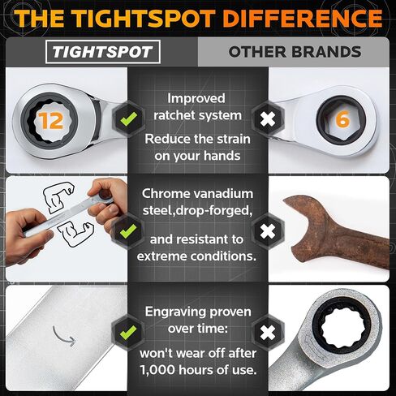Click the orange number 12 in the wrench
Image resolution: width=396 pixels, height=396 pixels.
click(x=50, y=121)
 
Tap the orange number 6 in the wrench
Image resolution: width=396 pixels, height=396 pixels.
click(x=342, y=119)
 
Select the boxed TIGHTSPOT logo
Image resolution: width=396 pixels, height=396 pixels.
click(x=103, y=52)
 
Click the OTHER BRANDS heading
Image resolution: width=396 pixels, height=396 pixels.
click(x=295, y=52)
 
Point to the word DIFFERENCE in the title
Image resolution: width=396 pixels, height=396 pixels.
click(x=303, y=18)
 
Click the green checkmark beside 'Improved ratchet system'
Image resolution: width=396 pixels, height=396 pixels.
click(x=129, y=118)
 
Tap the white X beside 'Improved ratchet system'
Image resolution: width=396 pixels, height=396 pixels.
click(x=268, y=119)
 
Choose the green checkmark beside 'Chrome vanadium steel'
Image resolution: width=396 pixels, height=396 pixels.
click(x=129, y=231)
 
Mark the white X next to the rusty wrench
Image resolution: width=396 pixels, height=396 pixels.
click(x=268, y=231)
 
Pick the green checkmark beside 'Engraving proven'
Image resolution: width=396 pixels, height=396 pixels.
click(x=128, y=332)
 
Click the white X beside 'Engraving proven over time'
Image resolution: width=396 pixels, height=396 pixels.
click(x=268, y=333)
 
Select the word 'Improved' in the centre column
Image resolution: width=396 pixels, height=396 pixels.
click(x=196, y=98)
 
